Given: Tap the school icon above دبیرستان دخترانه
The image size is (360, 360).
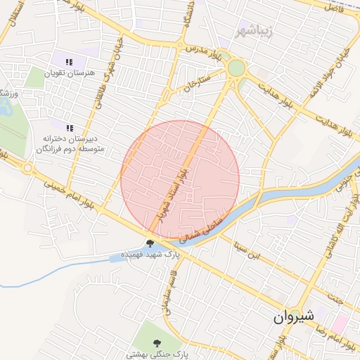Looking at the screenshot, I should (x=70, y=128).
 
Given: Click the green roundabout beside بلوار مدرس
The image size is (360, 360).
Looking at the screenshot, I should (x=236, y=69).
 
